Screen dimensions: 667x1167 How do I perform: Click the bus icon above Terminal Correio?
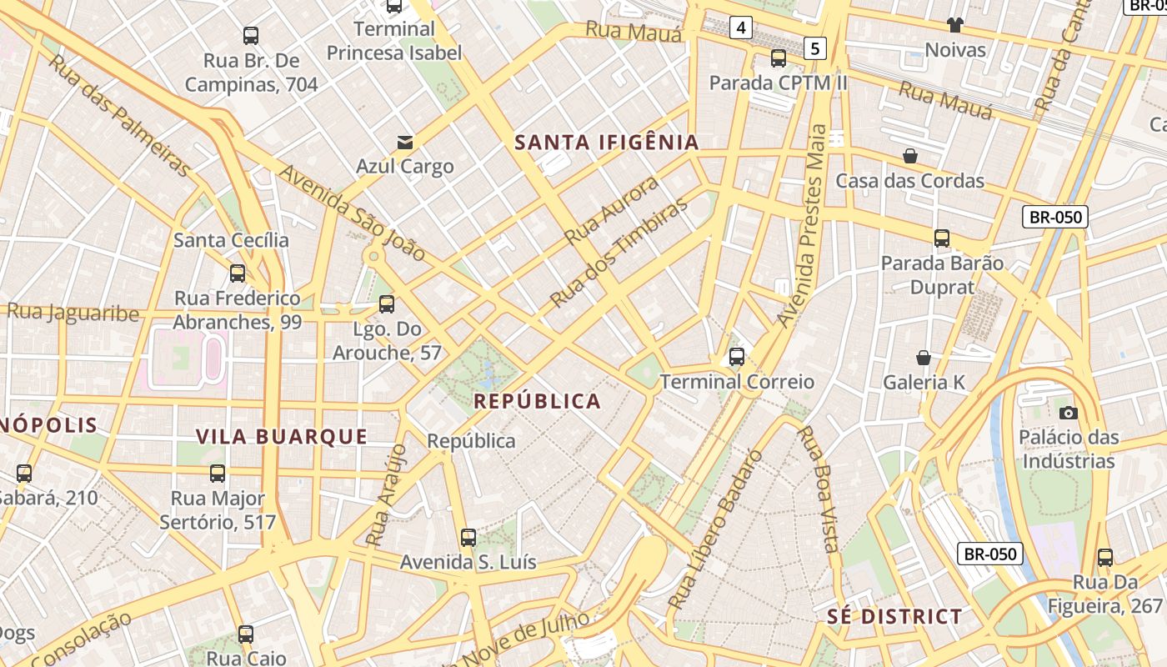pyautogui.click(x=736, y=357)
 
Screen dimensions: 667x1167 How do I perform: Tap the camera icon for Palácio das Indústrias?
pyautogui.click(x=1068, y=413)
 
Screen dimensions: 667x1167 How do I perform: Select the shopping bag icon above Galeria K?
pyautogui.click(x=924, y=358)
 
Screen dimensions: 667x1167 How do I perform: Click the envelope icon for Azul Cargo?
pyautogui.click(x=405, y=142)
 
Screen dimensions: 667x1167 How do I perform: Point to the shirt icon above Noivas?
pyautogui.click(x=954, y=25)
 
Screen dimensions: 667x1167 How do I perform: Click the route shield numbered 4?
pyautogui.click(x=740, y=28)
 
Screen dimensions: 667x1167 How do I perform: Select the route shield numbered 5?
pyautogui.click(x=814, y=48)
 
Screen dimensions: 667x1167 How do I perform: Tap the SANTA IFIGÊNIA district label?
pyautogui.click(x=606, y=143)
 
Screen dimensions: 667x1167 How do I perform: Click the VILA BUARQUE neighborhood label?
pyautogui.click(x=282, y=437)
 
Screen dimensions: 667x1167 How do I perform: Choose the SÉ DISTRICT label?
pyautogui.click(x=894, y=617)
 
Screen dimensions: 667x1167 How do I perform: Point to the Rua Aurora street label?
pyautogui.click(x=611, y=210)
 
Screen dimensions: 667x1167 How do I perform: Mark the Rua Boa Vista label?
pyautogui.click(x=817, y=489)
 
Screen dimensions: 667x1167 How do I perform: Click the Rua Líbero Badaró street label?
pyautogui.click(x=715, y=529)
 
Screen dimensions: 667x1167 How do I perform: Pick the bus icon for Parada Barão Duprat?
pyautogui.click(x=942, y=238)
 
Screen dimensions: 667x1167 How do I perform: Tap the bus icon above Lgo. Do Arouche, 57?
pyautogui.click(x=386, y=304)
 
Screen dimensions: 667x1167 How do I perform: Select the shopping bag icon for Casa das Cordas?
pyautogui.click(x=910, y=156)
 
